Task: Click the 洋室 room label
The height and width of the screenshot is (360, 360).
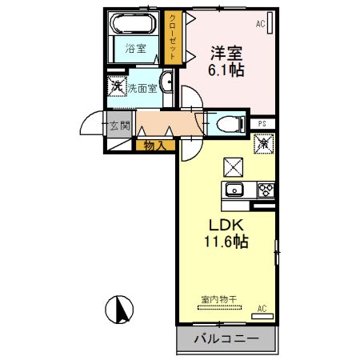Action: click(x=226, y=54)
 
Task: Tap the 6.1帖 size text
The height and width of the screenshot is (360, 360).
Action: click(x=226, y=70)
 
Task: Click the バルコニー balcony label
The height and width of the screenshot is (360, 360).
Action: click(x=226, y=340)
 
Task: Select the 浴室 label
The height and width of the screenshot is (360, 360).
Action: click(x=135, y=49)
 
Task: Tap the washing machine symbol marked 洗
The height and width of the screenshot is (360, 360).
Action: click(x=117, y=86)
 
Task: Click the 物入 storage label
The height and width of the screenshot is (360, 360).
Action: click(x=155, y=145)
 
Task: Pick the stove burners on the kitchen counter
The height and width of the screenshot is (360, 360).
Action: click(x=264, y=190)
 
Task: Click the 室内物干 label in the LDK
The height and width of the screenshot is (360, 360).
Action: click(x=218, y=298)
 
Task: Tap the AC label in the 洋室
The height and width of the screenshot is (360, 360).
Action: click(x=261, y=25)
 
